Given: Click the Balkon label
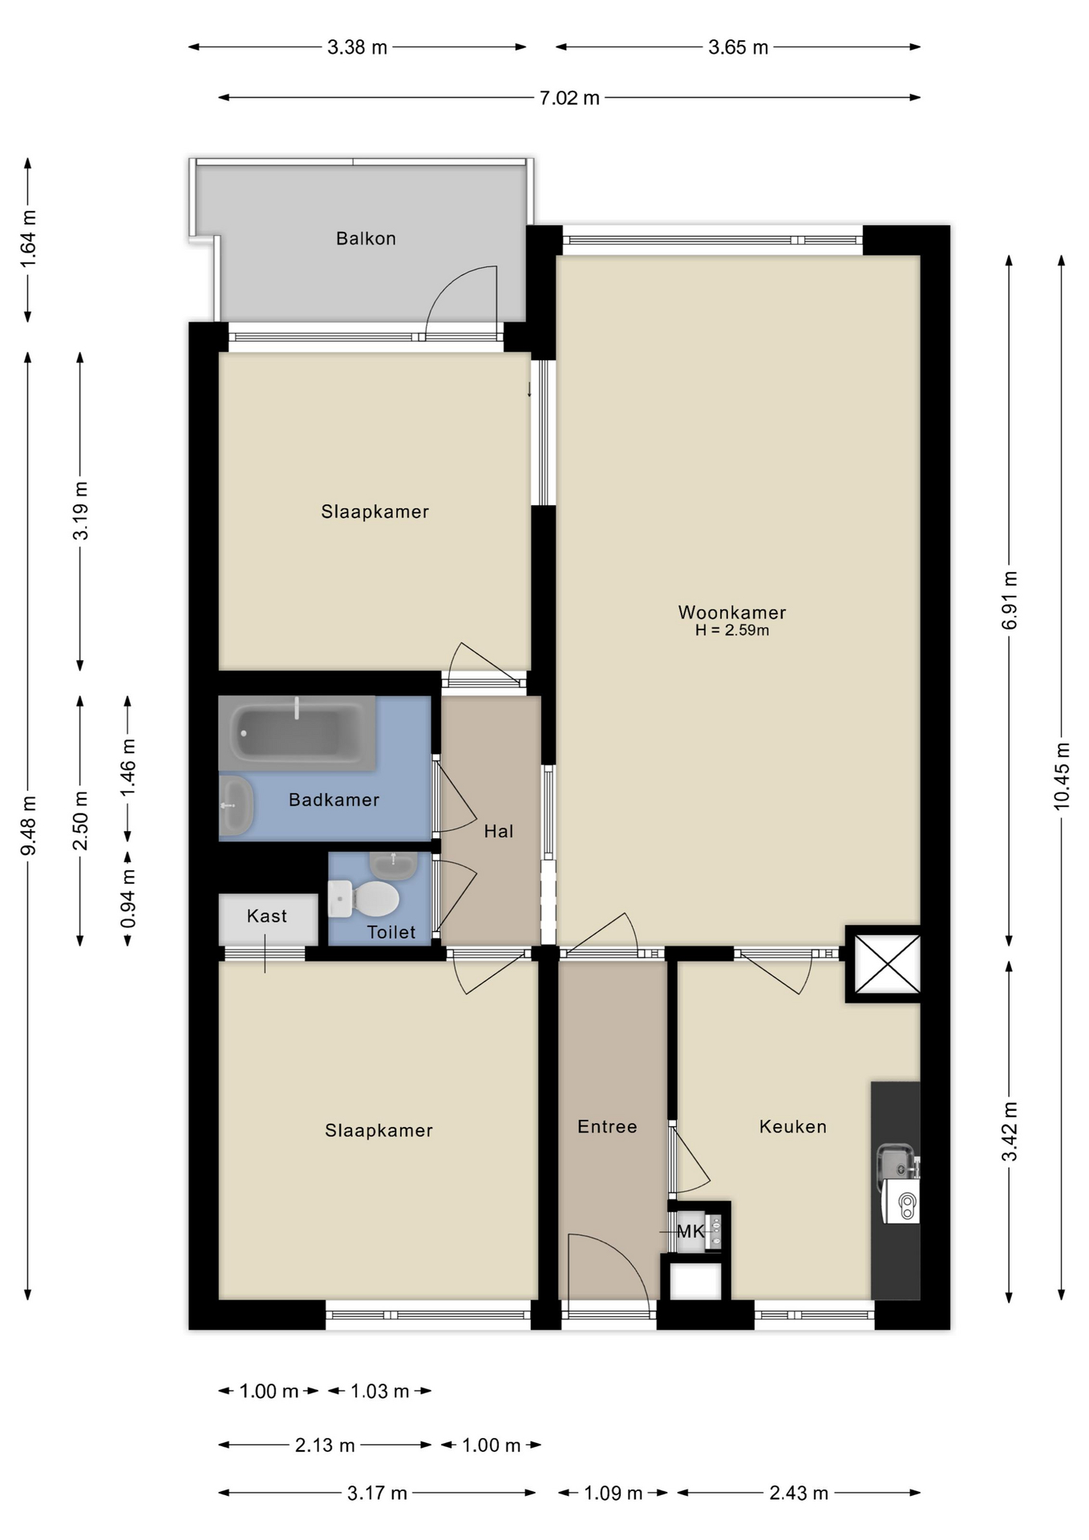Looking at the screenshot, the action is click(366, 238).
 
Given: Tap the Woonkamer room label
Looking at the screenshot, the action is click(732, 612).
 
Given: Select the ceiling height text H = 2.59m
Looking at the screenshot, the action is click(732, 630).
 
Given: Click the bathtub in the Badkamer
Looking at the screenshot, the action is click(297, 732).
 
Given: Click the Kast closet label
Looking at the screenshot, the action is click(267, 916).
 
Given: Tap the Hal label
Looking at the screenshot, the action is click(498, 831).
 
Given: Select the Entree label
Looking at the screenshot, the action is click(607, 1126).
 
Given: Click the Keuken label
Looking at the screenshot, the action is click(792, 1126).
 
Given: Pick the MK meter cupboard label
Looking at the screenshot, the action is click(690, 1231).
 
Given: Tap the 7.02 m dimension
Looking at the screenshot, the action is click(569, 98).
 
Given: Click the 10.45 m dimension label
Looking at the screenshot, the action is click(1062, 776).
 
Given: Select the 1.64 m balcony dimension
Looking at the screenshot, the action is click(28, 239).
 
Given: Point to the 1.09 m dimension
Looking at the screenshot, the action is click(613, 1493).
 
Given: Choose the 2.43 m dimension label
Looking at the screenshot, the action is click(799, 1493).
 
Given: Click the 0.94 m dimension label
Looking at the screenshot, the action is click(128, 898).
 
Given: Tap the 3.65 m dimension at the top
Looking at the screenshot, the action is click(738, 47).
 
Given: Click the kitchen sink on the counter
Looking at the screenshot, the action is click(897, 1161).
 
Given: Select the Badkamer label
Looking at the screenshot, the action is click(334, 800).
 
